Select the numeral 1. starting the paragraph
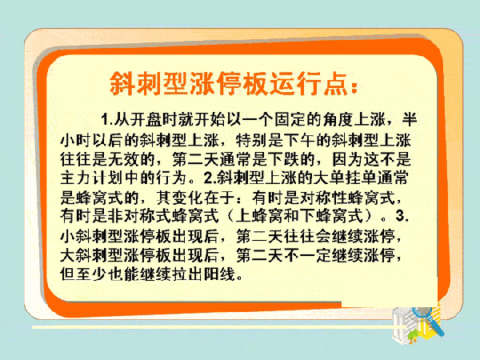107,119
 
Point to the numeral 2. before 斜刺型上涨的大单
210,178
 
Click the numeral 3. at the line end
402,216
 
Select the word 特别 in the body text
252,141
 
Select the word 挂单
346,178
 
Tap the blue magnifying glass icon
428,320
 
